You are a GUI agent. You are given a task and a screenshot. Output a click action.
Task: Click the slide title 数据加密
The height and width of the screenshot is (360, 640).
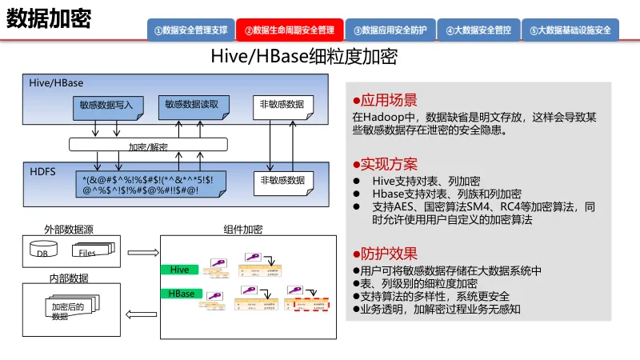(49, 18)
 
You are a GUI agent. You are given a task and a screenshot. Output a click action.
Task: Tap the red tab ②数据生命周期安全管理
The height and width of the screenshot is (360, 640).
(290, 30)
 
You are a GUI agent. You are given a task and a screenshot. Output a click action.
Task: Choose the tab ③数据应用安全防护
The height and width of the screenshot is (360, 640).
(390, 30)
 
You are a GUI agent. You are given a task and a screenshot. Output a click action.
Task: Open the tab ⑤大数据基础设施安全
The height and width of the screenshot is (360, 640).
(570, 30)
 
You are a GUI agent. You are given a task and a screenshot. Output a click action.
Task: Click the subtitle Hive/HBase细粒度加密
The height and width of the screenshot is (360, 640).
(303, 58)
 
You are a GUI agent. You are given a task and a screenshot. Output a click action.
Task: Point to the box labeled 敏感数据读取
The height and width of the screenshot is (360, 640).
(197, 105)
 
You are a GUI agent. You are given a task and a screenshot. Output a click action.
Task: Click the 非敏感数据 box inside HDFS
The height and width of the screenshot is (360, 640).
(282, 181)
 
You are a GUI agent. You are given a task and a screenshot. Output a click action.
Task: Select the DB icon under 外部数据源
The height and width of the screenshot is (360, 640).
(43, 253)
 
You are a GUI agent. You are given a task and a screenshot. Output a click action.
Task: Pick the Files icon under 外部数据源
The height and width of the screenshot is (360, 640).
(87, 252)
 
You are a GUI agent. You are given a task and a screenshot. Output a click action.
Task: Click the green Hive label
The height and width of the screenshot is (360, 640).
(179, 270)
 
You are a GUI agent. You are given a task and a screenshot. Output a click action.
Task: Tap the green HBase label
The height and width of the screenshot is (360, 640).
(182, 294)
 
